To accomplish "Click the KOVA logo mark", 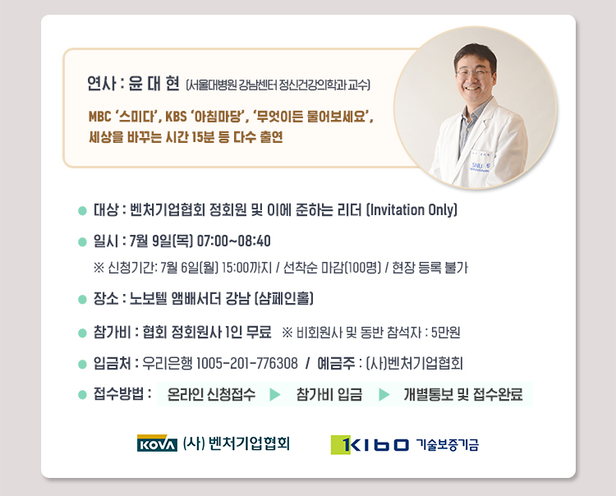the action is pos(157,443).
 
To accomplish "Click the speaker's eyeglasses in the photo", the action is pos(474,73).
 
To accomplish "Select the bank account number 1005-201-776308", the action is pos(246,363).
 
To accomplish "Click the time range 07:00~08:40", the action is pos(234,241).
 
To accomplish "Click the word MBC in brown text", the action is pos(99,117).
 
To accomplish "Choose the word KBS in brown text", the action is pos(176,117).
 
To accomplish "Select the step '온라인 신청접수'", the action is pos(211,394).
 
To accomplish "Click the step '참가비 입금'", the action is pos(329,394).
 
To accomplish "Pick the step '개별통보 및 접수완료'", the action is pos(463,394).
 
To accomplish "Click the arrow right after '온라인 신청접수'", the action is pos(275,394).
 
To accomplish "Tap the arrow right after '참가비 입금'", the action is pos(384,394).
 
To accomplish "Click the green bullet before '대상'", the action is pos(82,211).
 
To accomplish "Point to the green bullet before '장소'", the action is pos(82,300).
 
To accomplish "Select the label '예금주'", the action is pos(336,363).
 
